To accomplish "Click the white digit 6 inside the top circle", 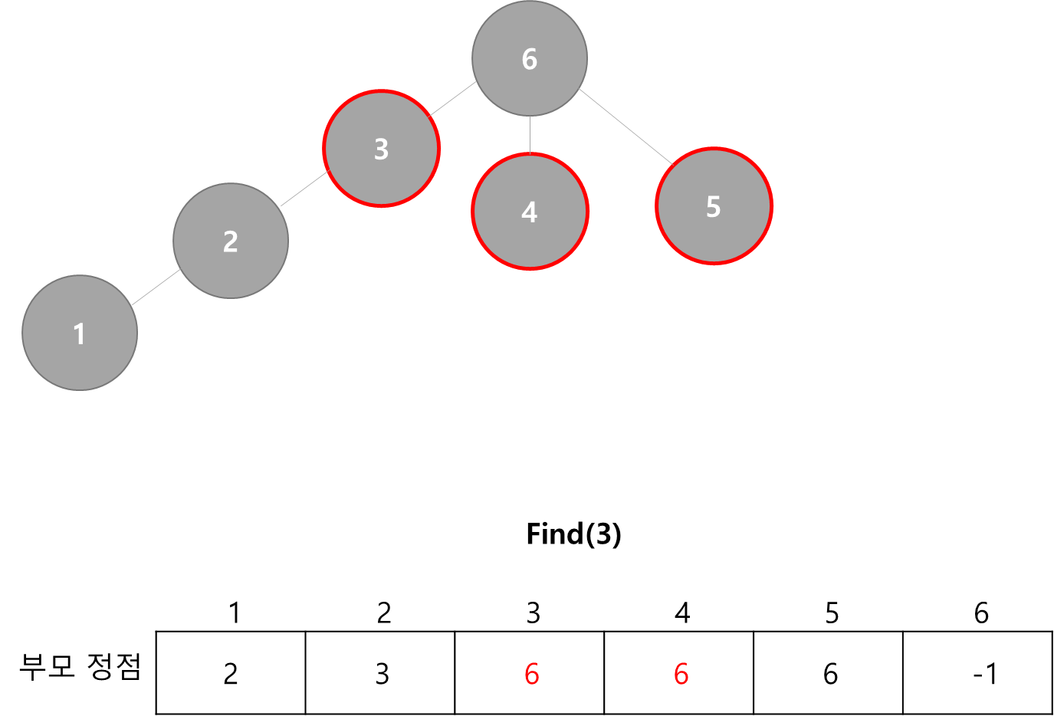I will pyautogui.click(x=530, y=59).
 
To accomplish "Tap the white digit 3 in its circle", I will pyautogui.click(x=381, y=149).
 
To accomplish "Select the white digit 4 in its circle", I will pyautogui.click(x=529, y=212).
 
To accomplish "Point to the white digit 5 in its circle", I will pyautogui.click(x=713, y=207).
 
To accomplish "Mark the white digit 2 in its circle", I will pyautogui.click(x=230, y=241).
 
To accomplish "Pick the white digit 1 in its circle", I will pyautogui.click(x=79, y=334).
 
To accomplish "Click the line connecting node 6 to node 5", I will pyautogui.click(x=625, y=126).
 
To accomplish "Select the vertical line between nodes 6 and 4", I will pyautogui.click(x=530, y=135).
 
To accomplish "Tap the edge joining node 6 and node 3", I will pyautogui.click(x=453, y=99).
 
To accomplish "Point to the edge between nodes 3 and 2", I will pyautogui.click(x=304, y=189).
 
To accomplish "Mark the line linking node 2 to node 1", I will pyautogui.click(x=156, y=287).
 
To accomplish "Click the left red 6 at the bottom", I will pyautogui.click(x=531, y=675).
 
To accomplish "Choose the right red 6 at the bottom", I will pyautogui.click(x=681, y=675).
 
